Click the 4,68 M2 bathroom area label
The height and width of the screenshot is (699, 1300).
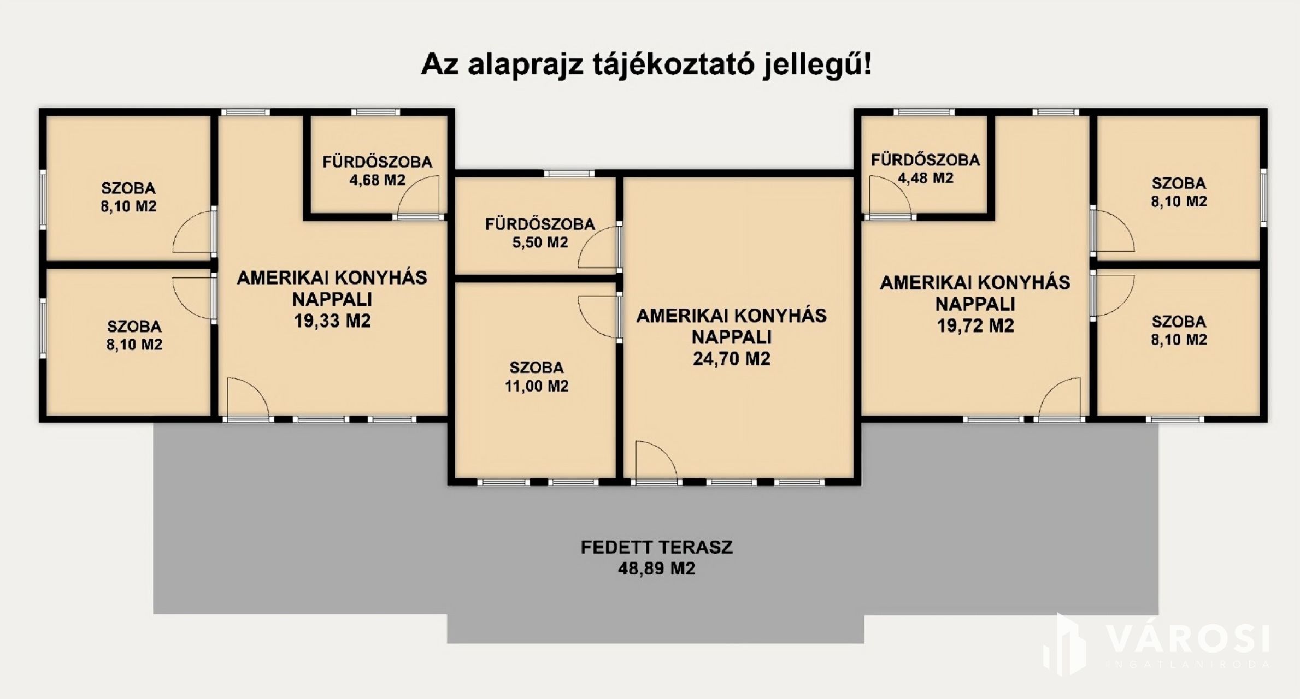coord(377,180)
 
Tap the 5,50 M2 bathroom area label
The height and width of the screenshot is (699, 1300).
coord(540,242)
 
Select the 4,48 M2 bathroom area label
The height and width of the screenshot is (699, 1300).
coord(925,178)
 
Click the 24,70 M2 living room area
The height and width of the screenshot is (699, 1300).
coord(731,359)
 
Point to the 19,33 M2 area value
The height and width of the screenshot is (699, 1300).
coord(332,321)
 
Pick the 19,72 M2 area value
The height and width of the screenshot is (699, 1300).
coord(975,326)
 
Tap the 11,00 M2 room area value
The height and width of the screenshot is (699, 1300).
coord(537,386)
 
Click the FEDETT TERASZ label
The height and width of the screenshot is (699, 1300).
coord(656,547)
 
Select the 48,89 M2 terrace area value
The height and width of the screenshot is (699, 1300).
coord(656,569)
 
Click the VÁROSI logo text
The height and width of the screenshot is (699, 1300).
coord(1187,639)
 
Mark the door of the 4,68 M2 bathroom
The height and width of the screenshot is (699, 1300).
coord(419,198)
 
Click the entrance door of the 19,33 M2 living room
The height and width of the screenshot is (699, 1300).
coord(248,399)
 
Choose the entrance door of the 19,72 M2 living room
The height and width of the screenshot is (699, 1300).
coord(1060,399)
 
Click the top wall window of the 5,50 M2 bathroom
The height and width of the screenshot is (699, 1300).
coord(569,174)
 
